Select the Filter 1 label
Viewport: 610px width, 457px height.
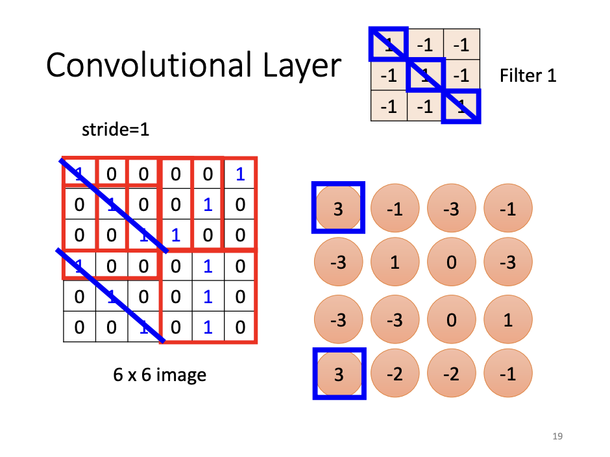(528, 76)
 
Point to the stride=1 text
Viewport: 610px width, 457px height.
(116, 129)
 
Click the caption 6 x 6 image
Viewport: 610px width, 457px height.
(159, 375)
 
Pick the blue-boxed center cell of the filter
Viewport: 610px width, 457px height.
(425, 76)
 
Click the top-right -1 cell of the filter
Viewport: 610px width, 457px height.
(461, 45)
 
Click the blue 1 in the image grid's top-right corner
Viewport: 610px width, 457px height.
(240, 174)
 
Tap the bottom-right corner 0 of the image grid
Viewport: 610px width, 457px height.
(240, 327)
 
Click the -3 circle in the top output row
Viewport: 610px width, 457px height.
(452, 208)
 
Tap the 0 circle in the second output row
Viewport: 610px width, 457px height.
(452, 263)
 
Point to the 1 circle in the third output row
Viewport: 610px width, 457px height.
(508, 320)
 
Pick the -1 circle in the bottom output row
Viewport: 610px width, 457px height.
(508, 375)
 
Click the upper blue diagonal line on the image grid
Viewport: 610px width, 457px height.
(114, 204)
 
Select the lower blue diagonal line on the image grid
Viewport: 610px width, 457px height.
(114, 293)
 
